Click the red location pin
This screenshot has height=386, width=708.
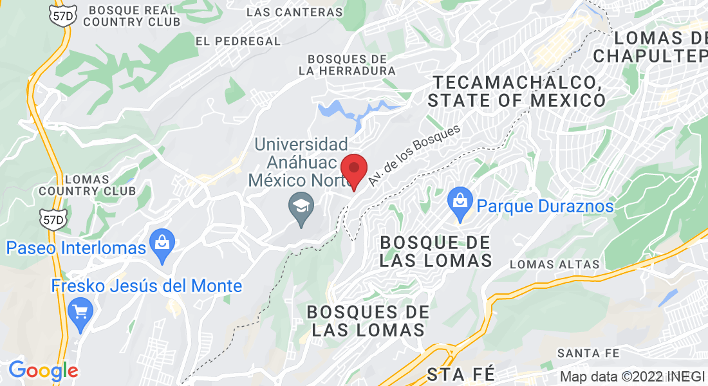[x=353, y=170]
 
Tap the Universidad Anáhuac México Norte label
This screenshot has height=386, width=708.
[x=301, y=162]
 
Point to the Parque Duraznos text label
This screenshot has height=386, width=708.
[x=545, y=207]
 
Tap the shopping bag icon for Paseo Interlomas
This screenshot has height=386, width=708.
[x=161, y=244]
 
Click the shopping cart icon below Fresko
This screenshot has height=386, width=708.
[x=80, y=313]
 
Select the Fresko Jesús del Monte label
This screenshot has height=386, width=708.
[x=147, y=286]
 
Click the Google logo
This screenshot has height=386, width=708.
[x=43, y=371]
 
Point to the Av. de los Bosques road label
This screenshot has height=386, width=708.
[x=416, y=156]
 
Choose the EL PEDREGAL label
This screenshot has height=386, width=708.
[x=238, y=41]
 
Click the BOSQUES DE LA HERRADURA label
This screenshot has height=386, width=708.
[x=347, y=64]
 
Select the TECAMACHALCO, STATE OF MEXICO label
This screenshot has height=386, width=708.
[x=517, y=91]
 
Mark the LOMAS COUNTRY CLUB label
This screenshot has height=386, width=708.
[x=87, y=185]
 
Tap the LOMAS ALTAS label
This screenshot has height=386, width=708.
[x=554, y=264]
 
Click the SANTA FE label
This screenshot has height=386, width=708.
[x=588, y=353]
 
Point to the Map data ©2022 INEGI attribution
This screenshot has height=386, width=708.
[x=633, y=377]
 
